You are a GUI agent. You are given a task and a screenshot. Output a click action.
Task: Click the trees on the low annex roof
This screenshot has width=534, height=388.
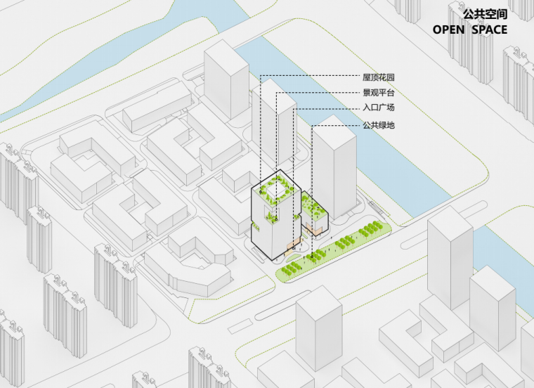[313, 208]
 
